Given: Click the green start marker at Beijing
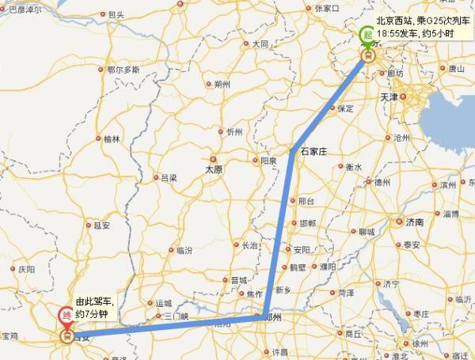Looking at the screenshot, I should click(x=367, y=35).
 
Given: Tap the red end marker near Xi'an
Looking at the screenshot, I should click(x=66, y=316).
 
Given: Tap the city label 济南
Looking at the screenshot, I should click(x=414, y=222).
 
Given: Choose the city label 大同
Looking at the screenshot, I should click(x=260, y=44).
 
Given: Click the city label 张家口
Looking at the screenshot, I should click(x=326, y=9).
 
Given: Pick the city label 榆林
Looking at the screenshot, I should click(x=112, y=138).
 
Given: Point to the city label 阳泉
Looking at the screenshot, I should click(x=268, y=161).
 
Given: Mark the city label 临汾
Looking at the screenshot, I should click(x=184, y=250).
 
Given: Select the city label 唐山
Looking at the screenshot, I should click(x=456, y=69).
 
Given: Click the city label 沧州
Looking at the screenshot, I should click(x=401, y=137).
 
